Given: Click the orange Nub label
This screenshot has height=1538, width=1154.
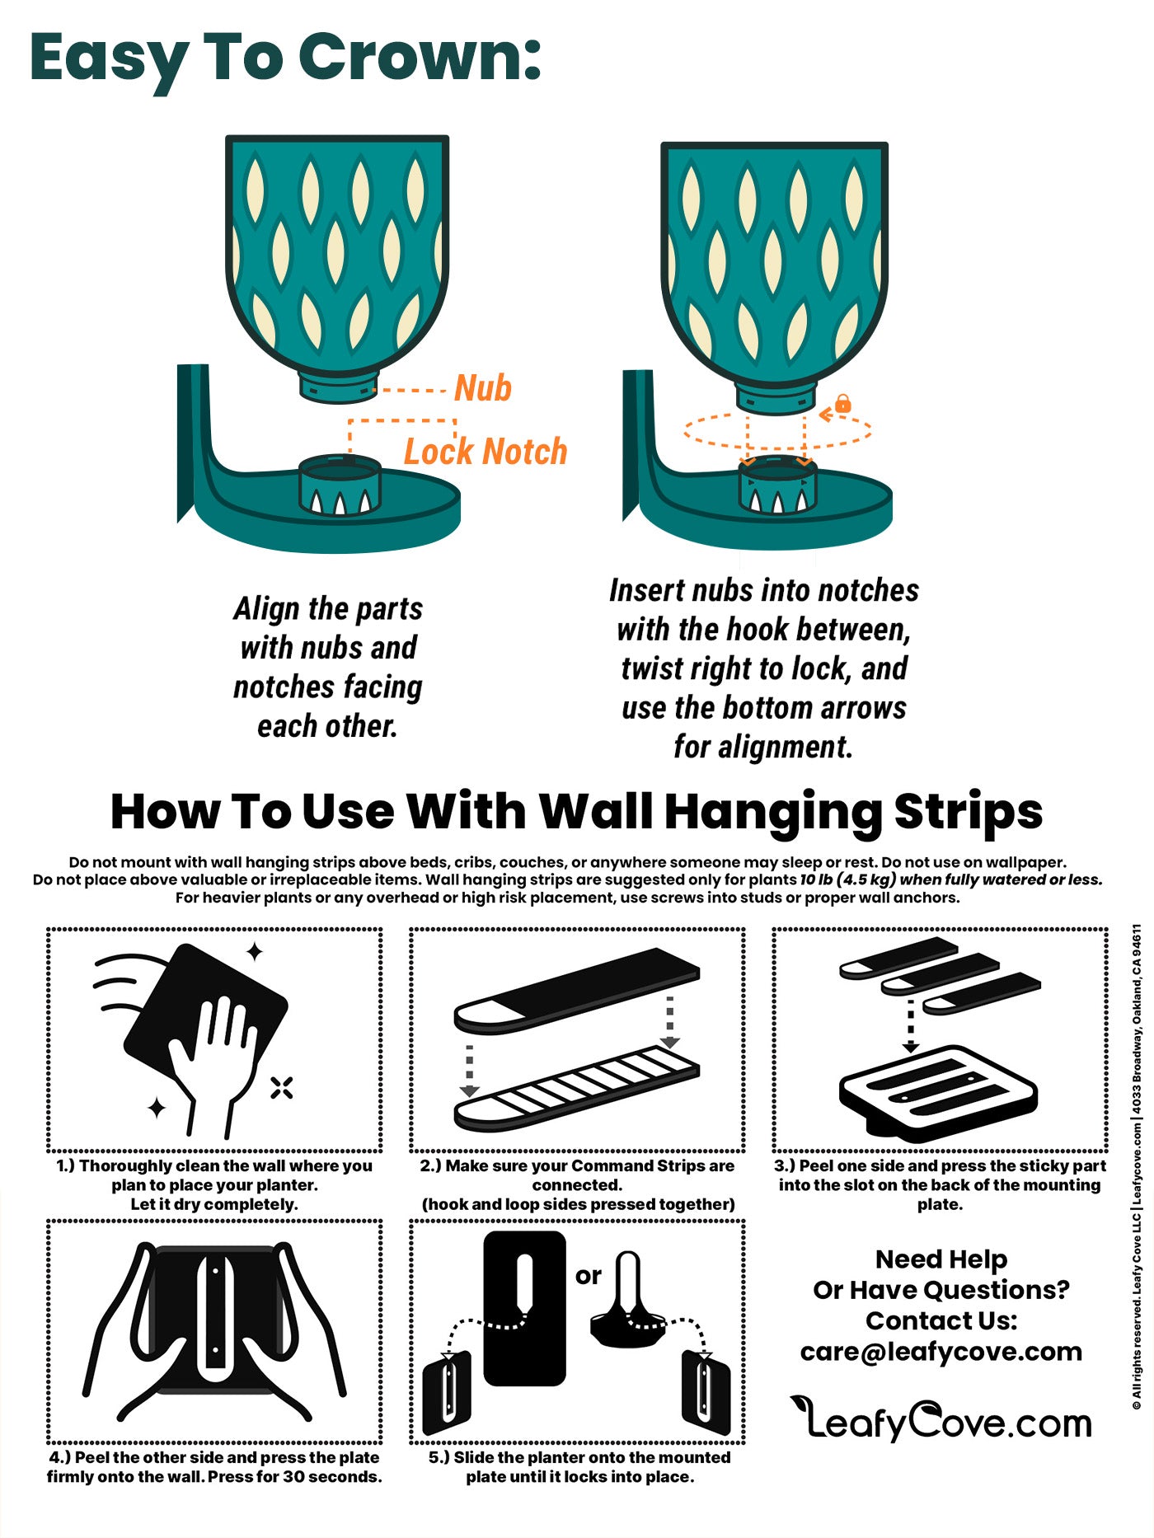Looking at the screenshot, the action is point(483,388).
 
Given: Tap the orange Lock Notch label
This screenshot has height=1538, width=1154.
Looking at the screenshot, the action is point(486,452).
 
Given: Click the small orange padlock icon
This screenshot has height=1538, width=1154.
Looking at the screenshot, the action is point(842,404).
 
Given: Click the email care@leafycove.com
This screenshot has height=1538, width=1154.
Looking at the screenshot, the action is point(941,1352).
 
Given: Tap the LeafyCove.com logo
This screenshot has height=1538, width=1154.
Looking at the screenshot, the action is point(941,1419).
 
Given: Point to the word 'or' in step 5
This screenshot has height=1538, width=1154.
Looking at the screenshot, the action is point(589,1276).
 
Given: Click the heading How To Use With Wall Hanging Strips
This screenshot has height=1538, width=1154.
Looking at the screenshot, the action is point(577,812).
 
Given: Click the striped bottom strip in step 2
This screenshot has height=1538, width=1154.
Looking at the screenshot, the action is point(577,1088).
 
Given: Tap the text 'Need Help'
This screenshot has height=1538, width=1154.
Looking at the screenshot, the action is point(941,1260).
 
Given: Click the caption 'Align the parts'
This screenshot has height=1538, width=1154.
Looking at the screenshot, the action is point(328,609).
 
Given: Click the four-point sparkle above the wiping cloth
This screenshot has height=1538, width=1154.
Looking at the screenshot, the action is point(255,952).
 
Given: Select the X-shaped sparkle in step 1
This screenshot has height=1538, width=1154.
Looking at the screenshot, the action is point(282,1088).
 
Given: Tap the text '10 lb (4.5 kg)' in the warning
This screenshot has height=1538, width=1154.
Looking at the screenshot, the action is point(848,879).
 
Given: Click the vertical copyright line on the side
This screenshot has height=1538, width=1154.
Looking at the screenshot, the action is point(1137,1166).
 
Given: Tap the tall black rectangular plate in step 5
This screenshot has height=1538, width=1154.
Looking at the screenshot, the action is point(524,1308).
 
